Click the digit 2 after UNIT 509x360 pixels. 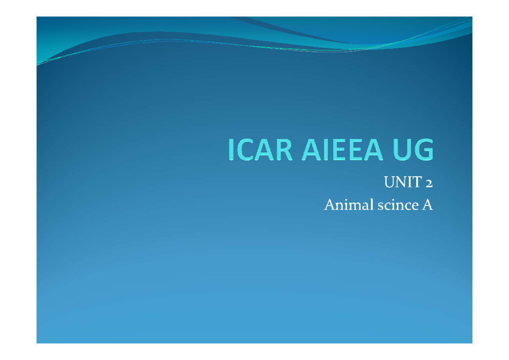429,183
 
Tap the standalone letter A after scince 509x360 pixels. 427,206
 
